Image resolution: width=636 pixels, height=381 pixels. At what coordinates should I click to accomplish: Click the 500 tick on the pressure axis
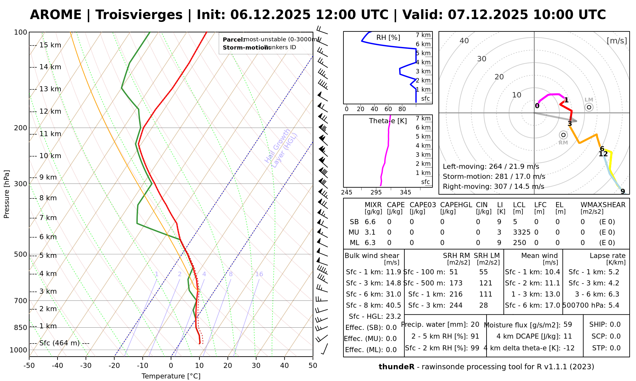point(21,254)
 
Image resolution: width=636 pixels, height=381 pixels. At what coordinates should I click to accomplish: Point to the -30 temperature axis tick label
point(86,365)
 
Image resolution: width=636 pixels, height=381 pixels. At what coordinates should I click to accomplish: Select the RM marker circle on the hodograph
point(563,135)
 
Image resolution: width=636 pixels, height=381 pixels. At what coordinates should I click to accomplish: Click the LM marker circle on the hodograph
point(589,107)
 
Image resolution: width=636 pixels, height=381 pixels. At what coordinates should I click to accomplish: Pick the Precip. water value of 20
point(475,324)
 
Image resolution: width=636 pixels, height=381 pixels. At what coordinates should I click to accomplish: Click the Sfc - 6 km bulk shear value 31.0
point(393,294)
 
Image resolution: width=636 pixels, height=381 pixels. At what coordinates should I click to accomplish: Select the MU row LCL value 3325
point(522,232)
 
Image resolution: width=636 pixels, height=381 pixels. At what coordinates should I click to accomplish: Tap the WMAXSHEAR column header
point(603,205)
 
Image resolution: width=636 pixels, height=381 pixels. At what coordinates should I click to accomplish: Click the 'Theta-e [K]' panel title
point(388,121)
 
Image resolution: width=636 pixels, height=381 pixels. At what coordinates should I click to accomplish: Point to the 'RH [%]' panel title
point(388,37)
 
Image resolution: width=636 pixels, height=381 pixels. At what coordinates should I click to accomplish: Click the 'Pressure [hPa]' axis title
point(7,194)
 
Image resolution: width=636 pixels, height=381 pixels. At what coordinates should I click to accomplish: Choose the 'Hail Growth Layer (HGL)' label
point(281,148)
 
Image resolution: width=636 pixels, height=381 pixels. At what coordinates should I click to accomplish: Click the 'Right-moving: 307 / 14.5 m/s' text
point(493,186)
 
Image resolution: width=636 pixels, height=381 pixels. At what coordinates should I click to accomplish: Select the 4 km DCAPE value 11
point(568,336)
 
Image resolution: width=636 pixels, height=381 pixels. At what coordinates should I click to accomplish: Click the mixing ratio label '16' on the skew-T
point(259,274)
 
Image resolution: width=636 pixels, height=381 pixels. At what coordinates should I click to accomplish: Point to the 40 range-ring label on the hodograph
point(464,41)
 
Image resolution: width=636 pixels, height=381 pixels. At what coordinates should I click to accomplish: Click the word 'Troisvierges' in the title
point(139,15)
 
